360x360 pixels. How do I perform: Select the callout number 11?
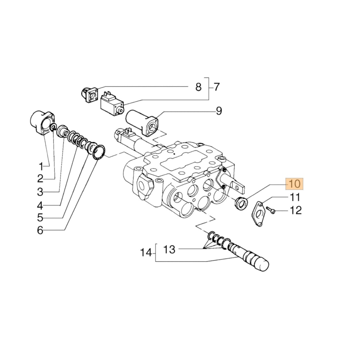coord(295,197)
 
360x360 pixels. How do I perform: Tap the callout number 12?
coord(296,210)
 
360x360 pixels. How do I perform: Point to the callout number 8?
coord(198,87)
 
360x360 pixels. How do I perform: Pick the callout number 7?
coord(216,87)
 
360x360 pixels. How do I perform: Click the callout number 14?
coord(146,253)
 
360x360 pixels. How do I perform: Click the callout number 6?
coord(40,230)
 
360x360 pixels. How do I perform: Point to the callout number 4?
coord(40,206)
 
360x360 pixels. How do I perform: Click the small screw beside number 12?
coord(270,210)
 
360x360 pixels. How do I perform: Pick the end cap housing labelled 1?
coord(41,123)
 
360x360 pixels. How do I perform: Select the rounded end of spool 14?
coord(262,265)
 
